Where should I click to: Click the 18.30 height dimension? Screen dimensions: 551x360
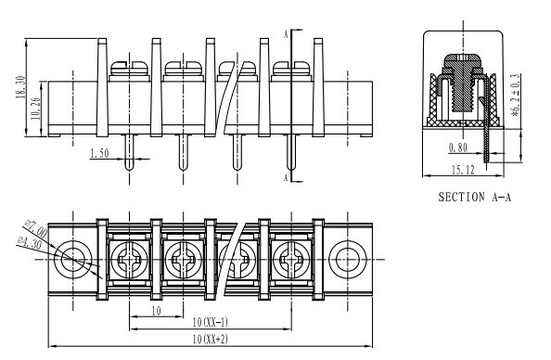pos(21,87)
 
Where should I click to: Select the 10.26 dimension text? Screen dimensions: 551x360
pos(36,109)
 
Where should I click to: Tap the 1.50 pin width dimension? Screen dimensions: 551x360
pos(100,154)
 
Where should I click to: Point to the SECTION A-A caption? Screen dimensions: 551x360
pos(474,197)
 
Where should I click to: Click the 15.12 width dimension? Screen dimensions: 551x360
pos(463,170)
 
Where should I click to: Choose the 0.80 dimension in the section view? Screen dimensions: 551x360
pos(458,148)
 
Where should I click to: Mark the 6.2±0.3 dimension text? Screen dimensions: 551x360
pos(516,95)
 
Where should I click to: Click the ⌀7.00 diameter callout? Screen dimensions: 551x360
pos(36,228)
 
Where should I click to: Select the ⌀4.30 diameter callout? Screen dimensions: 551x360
pos(30,243)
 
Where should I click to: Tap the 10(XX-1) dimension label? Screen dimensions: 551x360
pos(211,322)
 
